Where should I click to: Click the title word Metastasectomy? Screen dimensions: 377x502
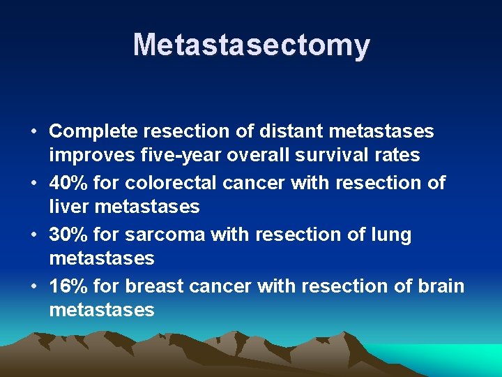[x=251, y=45]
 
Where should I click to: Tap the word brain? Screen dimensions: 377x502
[x=439, y=286]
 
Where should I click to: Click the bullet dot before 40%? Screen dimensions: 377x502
[x=33, y=184]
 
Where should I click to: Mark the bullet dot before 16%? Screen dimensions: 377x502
[x=33, y=287]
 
